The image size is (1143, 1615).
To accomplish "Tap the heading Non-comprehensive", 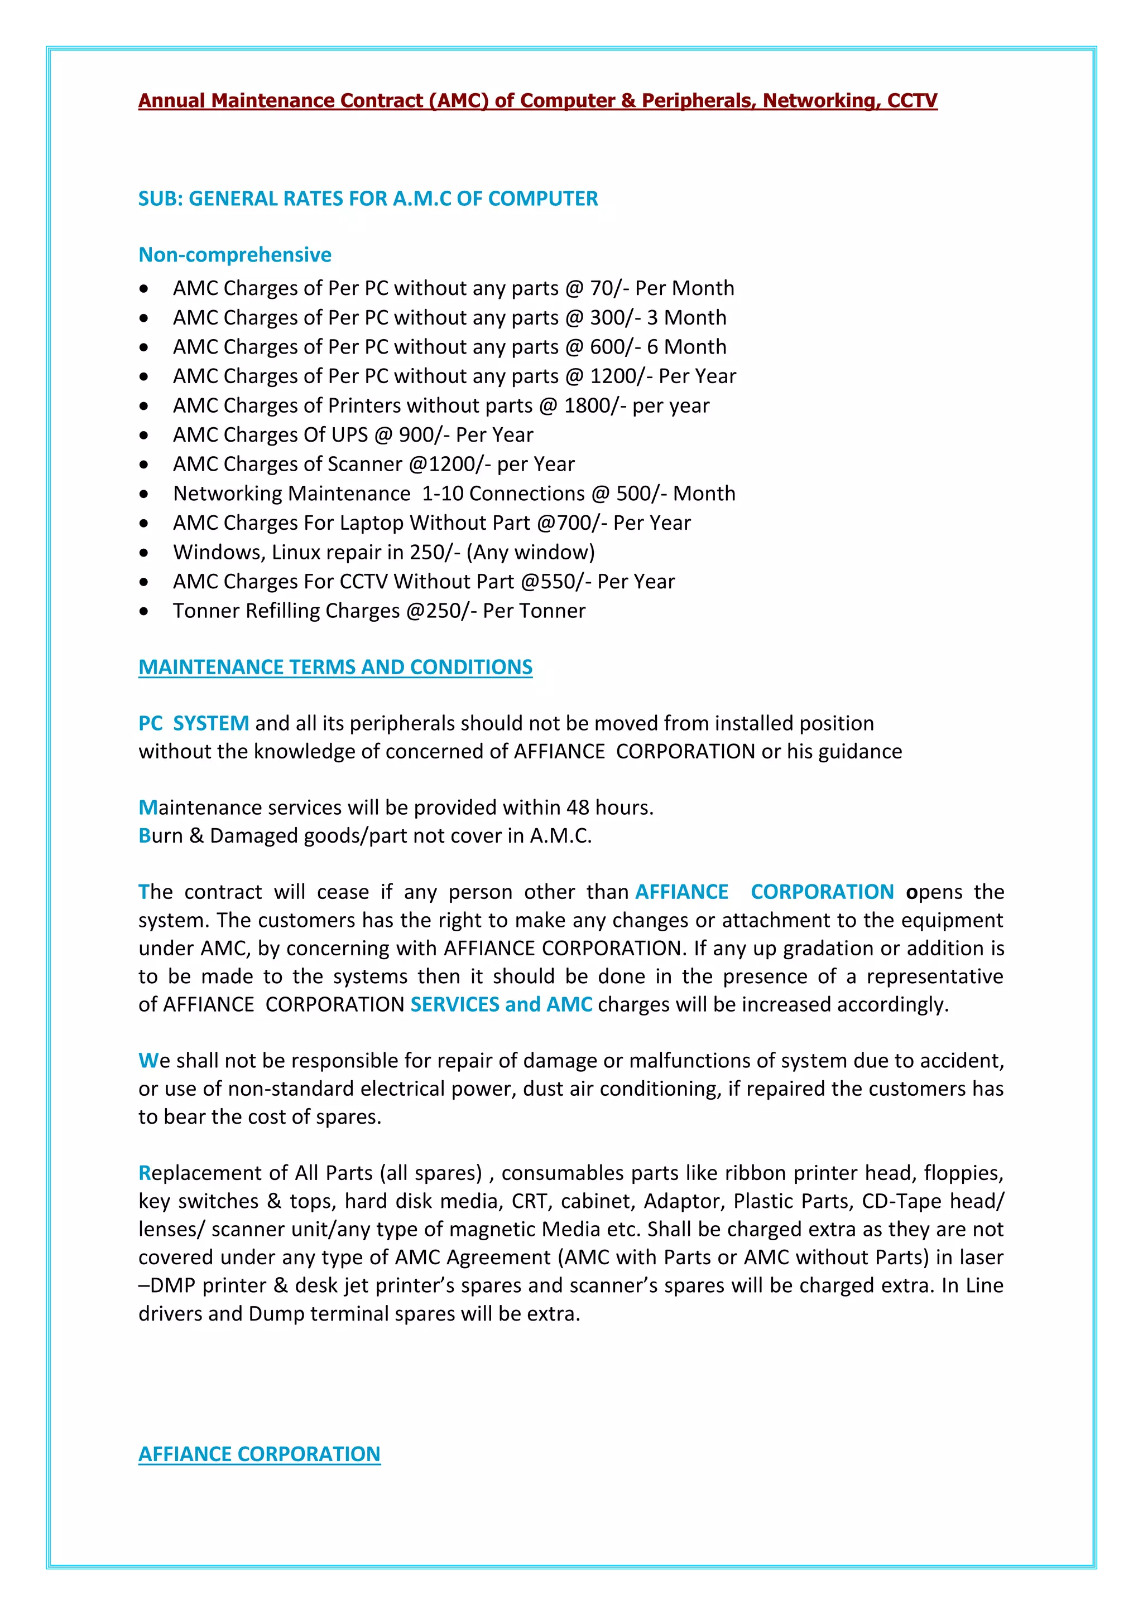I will (234, 255).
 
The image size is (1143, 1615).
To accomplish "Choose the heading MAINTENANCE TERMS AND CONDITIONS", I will (335, 667).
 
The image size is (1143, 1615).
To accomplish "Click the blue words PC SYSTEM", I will (194, 723).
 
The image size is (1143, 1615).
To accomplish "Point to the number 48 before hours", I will (578, 808).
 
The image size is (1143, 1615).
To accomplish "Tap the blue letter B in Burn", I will (145, 835).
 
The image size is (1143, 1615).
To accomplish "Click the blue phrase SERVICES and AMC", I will (501, 1004).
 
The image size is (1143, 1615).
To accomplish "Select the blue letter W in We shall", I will (146, 1061).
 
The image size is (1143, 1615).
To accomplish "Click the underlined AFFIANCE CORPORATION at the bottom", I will (259, 1454).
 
